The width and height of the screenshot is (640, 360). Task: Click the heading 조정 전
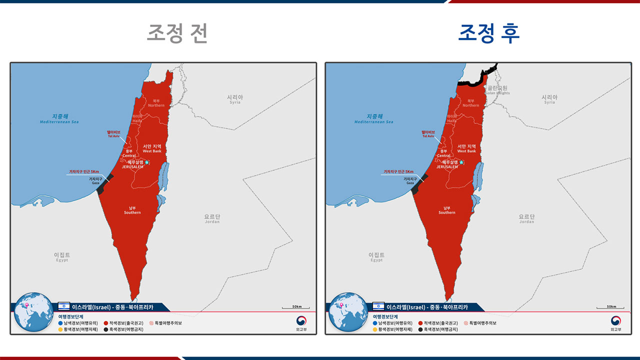pos(176,33)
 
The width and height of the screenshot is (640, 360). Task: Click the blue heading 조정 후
pos(489,33)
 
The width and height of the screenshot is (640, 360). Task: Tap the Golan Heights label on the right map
pos(498,90)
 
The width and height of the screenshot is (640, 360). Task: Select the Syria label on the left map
pos(235,99)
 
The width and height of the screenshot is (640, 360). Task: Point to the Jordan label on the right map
pos(526,218)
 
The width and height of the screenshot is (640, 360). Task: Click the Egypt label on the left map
pos(62,257)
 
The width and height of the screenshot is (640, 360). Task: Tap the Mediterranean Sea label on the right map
pos(373,118)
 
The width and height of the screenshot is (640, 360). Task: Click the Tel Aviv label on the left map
pos(114,133)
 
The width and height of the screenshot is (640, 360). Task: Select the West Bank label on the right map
pos(466,148)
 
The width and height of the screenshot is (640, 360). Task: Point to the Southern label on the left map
pos(132,210)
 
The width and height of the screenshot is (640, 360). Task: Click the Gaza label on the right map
pos(410,180)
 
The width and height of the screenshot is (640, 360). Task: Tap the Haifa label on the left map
pos(137,118)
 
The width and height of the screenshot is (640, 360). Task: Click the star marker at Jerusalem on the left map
pos(147,162)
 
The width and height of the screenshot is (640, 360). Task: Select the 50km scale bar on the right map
pos(610,307)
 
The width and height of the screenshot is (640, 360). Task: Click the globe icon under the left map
pos(33,312)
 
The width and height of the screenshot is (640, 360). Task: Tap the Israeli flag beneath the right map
pos(378,306)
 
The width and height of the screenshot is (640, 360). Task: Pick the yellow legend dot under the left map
pos(60,329)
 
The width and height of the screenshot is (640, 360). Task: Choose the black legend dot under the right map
pos(420,329)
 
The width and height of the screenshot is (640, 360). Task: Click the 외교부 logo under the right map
pos(615,322)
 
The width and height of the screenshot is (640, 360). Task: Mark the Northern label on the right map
pos(471,103)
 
